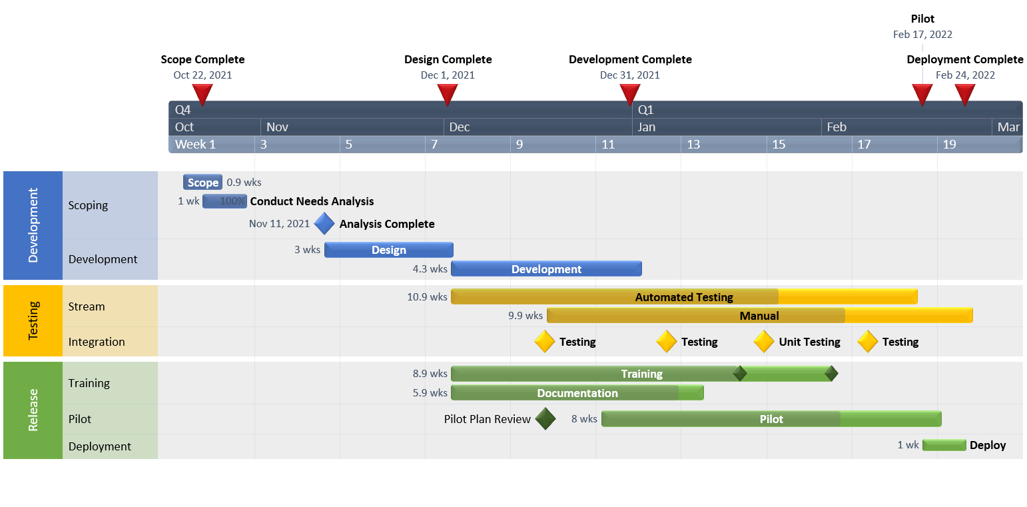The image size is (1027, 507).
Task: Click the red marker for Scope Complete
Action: pyautogui.click(x=202, y=94)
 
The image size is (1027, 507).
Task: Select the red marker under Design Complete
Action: pyautogui.click(x=448, y=94)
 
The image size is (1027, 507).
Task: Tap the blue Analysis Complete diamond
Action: pyautogui.click(x=324, y=224)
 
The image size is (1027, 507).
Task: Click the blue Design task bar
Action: pyautogui.click(x=388, y=250)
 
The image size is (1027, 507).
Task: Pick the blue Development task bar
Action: pyautogui.click(x=546, y=269)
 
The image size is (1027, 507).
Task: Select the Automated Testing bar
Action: pyautogui.click(x=684, y=297)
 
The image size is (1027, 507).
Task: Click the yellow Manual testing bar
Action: pyautogui.click(x=759, y=316)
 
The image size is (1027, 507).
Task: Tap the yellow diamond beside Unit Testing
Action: pyautogui.click(x=764, y=342)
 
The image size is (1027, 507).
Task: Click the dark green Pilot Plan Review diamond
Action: pyautogui.click(x=545, y=419)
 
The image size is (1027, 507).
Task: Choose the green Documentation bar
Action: pyautogui.click(x=577, y=393)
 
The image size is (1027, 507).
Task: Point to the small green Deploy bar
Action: pyautogui.click(x=944, y=445)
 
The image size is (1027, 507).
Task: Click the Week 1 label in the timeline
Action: pyautogui.click(x=195, y=145)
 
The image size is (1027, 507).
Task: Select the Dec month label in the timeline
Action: pyautogui.click(x=460, y=127)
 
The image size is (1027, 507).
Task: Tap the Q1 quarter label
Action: pyautogui.click(x=646, y=110)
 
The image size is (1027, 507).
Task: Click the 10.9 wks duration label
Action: pyautogui.click(x=427, y=297)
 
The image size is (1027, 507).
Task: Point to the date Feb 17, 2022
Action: pyautogui.click(x=922, y=35)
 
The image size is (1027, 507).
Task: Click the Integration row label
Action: pyautogui.click(x=97, y=342)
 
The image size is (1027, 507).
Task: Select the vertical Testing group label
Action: pyautogui.click(x=33, y=320)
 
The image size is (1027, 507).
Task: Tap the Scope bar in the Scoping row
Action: pyautogui.click(x=202, y=183)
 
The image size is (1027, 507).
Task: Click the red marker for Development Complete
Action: pyautogui.click(x=629, y=94)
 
